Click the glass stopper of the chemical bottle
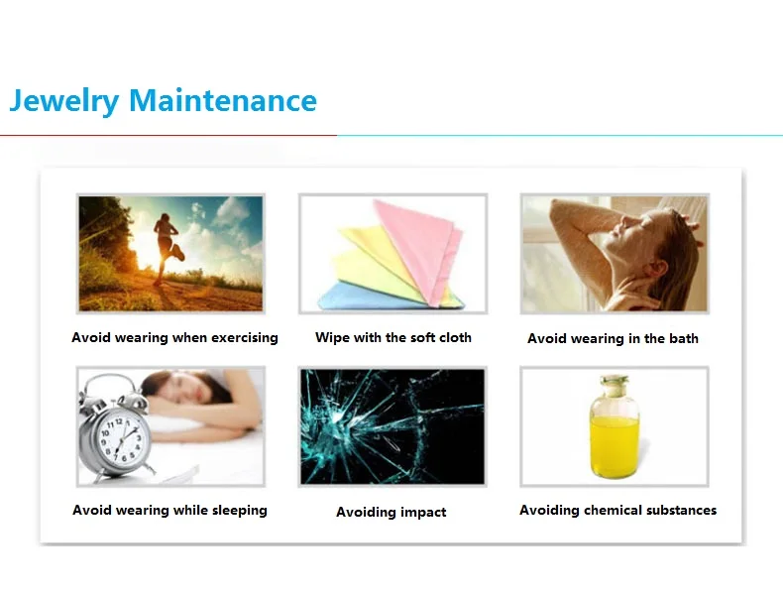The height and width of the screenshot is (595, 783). click(615, 381)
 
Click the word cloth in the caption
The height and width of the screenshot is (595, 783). click(455, 337)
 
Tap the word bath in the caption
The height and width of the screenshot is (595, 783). click(683, 338)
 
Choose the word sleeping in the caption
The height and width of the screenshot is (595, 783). click(234, 511)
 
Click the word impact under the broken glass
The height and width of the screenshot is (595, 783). click(423, 513)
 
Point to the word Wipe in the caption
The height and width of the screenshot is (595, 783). click(332, 337)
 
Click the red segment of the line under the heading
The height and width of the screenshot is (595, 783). click(168, 135)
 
